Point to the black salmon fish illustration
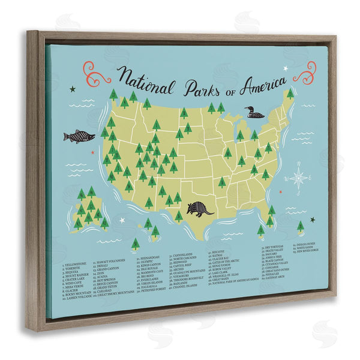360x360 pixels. [x=79, y=136]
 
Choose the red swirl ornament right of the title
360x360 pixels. [x=308, y=73]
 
